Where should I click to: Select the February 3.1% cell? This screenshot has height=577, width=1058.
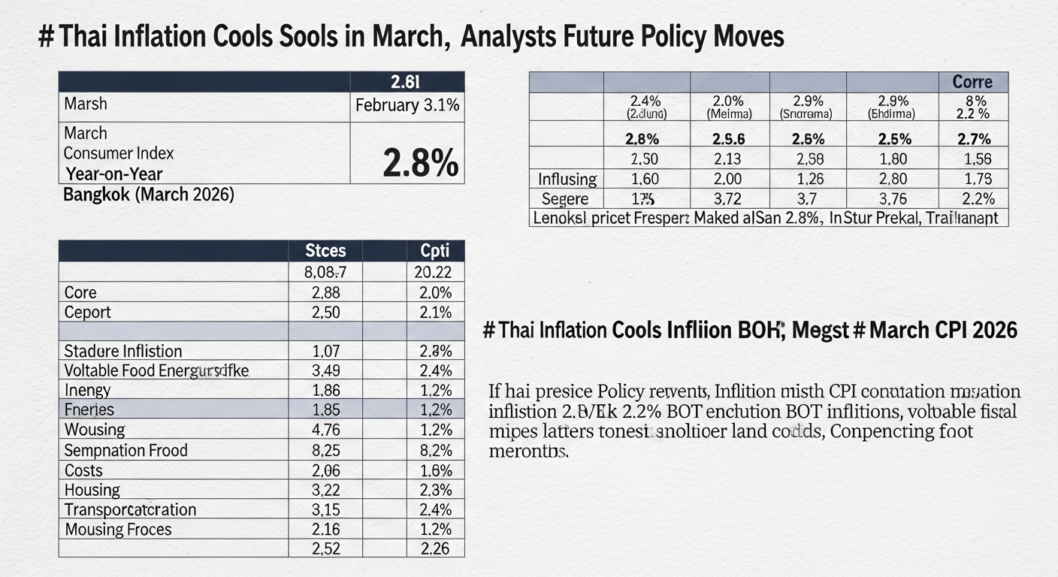point(407,105)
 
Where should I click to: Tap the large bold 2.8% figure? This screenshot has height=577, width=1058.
point(420,162)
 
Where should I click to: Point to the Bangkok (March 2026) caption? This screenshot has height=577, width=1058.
point(149,195)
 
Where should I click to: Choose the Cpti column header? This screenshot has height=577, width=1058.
point(434,251)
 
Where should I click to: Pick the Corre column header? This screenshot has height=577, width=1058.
point(972,82)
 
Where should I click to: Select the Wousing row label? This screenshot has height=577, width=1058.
point(95,430)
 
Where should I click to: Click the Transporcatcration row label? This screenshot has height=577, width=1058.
point(130,509)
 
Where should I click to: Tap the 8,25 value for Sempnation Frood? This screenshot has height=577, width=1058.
point(325,451)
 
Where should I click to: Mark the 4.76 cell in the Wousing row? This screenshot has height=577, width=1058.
point(325,430)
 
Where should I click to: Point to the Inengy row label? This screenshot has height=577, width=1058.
point(88,390)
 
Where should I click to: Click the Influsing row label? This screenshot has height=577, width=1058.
point(567,179)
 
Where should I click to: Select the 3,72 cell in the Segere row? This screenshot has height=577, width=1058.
point(730,199)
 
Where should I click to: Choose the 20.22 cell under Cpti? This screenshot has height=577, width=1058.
point(434,272)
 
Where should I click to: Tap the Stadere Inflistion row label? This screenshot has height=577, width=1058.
point(123,351)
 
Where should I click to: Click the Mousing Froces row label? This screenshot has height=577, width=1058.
point(118,530)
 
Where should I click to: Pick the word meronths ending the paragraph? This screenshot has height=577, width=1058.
point(528,452)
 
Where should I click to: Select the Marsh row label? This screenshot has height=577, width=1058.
point(86,104)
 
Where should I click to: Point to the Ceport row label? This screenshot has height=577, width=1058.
point(87,312)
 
